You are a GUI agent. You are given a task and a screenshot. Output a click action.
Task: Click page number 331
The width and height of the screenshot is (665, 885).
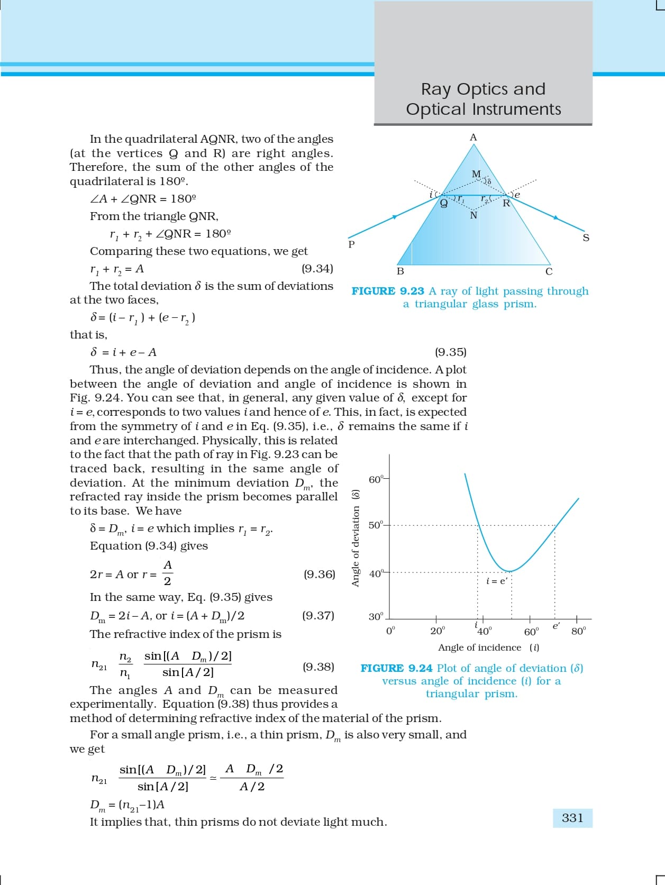(572, 818)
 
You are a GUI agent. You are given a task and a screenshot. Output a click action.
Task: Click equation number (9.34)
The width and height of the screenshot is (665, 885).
(317, 269)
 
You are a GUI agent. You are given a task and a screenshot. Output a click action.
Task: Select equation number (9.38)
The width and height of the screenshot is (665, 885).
(318, 667)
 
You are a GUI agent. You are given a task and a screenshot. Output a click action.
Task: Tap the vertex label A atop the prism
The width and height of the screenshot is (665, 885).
(473, 138)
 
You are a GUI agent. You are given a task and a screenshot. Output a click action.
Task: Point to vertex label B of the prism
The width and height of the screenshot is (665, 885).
(400, 271)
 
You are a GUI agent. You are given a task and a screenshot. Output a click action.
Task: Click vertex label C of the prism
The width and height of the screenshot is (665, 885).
(549, 272)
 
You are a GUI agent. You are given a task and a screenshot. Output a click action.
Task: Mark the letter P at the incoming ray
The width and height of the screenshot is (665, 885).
(351, 244)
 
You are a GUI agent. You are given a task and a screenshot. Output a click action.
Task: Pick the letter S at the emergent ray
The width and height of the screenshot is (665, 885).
(586, 238)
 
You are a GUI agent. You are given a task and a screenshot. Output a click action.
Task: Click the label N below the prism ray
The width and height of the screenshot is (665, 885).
(473, 215)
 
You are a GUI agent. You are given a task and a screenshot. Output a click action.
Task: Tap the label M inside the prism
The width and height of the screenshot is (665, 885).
(476, 174)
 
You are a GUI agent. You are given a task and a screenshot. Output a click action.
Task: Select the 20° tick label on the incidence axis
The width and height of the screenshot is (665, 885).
(438, 631)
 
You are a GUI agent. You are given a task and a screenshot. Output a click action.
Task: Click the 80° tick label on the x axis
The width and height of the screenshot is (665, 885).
(579, 631)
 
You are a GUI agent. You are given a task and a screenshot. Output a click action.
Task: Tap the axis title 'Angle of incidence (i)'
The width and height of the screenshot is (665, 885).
(489, 647)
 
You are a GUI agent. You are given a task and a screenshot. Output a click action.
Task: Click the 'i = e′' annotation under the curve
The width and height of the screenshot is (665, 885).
(496, 581)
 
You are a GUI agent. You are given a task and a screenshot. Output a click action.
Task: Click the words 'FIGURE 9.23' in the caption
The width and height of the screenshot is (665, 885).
(388, 291)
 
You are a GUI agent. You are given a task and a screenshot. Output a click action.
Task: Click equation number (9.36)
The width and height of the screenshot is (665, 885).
(319, 574)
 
